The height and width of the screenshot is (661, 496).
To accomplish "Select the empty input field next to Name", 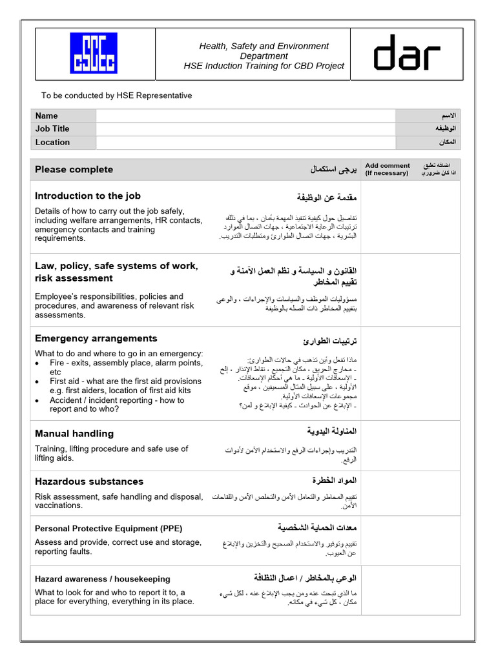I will [x=245, y=116].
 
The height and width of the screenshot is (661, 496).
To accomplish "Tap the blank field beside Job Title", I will [x=245, y=128].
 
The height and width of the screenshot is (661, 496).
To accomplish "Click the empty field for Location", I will [x=245, y=142].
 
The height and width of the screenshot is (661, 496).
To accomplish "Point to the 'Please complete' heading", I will [x=74, y=170].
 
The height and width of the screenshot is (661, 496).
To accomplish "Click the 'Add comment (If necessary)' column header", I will [x=387, y=170].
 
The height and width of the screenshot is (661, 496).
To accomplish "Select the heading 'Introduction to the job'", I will [x=87, y=196].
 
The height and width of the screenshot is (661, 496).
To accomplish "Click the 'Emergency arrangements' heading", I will [x=96, y=338].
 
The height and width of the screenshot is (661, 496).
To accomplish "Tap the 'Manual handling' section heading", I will [x=74, y=434].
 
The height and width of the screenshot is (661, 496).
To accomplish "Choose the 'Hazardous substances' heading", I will [x=88, y=482].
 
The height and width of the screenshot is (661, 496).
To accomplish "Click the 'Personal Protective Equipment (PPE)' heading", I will [x=105, y=529].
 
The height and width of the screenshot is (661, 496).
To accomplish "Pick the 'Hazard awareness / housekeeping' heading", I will [x=102, y=579].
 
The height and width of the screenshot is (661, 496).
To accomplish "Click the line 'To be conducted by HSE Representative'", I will [x=116, y=96].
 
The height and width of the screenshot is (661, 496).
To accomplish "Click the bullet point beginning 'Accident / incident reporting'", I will [x=116, y=404].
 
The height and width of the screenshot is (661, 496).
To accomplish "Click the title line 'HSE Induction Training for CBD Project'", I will [x=263, y=66].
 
